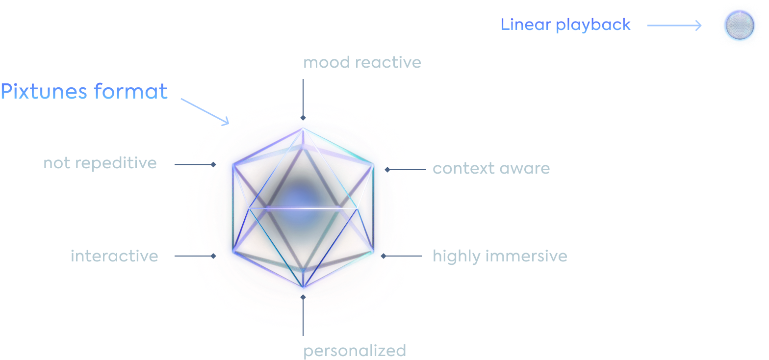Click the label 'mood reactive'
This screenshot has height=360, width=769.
tap(362, 63)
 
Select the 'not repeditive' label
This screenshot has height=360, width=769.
tap(100, 163)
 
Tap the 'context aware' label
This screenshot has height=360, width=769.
tap(491, 169)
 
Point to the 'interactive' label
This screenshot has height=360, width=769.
tap(114, 256)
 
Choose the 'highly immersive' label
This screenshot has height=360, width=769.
tap(500, 256)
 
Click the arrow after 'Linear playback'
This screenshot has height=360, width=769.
tap(674, 25)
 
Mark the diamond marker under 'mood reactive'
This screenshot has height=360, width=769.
tap(303, 118)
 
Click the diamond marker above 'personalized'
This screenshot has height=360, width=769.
tap(303, 297)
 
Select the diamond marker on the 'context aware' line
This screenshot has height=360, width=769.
tap(387, 170)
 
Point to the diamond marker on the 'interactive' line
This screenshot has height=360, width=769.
tap(213, 256)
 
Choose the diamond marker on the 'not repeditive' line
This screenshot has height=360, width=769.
tap(214, 164)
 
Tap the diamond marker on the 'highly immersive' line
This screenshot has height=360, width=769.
tap(384, 256)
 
